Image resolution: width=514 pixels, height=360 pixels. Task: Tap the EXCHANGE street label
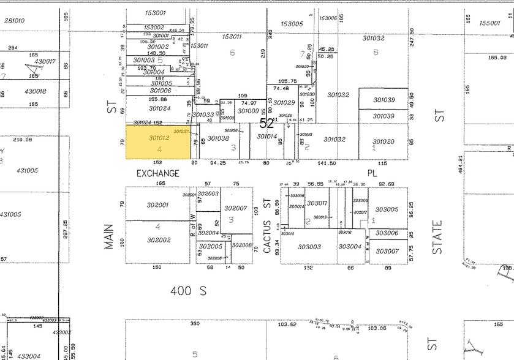click(158, 173)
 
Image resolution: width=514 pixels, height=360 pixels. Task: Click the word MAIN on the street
click(110, 235)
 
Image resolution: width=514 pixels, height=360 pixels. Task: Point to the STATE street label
click(437, 238)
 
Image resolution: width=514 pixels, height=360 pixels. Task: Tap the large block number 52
click(266, 123)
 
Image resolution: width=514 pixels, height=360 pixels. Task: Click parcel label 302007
click(235, 208)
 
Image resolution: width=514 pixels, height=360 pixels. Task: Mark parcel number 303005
click(387, 209)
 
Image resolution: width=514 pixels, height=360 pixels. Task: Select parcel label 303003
click(309, 247)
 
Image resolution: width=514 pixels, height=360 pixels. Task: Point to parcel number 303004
click(350, 247)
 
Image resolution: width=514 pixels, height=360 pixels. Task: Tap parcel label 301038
click(217, 138)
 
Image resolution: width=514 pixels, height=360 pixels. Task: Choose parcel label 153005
click(292, 24)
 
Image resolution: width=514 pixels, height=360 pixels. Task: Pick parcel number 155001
click(489, 23)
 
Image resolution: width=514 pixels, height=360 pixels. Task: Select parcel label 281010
click(14, 20)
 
